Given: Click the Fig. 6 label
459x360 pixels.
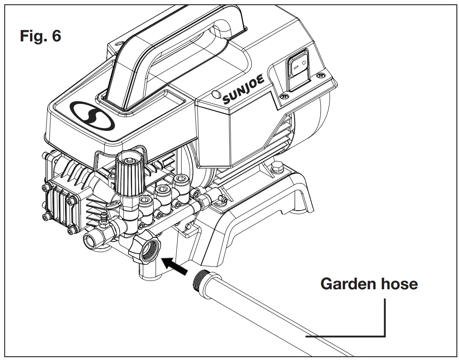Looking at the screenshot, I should (40, 36).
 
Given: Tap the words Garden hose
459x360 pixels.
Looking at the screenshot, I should (369, 284).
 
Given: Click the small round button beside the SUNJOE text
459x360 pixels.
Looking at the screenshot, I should (216, 94).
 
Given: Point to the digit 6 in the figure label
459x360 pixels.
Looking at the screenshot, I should (55, 36).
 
